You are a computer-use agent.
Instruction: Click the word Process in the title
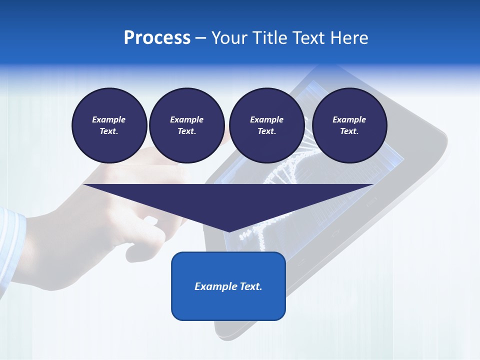(157, 38)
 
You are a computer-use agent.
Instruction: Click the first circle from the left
(109, 125)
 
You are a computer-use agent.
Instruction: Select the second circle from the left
(186, 125)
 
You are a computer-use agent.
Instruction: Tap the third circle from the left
(266, 125)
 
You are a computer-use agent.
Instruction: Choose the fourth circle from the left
(349, 125)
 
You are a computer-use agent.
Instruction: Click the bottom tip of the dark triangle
(229, 231)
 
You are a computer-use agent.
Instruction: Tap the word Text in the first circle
(108, 131)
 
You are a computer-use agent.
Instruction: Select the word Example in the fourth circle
(349, 119)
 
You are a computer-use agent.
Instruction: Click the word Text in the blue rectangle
(250, 286)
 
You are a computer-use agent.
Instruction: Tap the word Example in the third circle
(266, 119)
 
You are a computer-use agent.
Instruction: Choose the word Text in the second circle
(186, 131)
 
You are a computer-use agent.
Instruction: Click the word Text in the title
(308, 38)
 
